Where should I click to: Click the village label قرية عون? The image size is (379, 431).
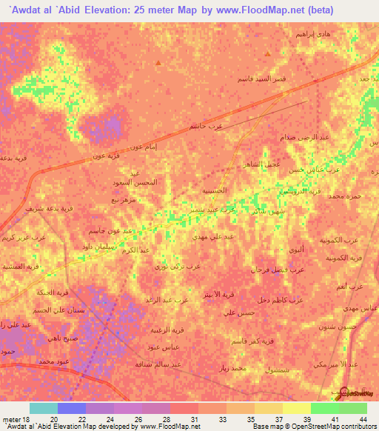coord(105,156)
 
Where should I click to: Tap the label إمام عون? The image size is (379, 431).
coord(141,147)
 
